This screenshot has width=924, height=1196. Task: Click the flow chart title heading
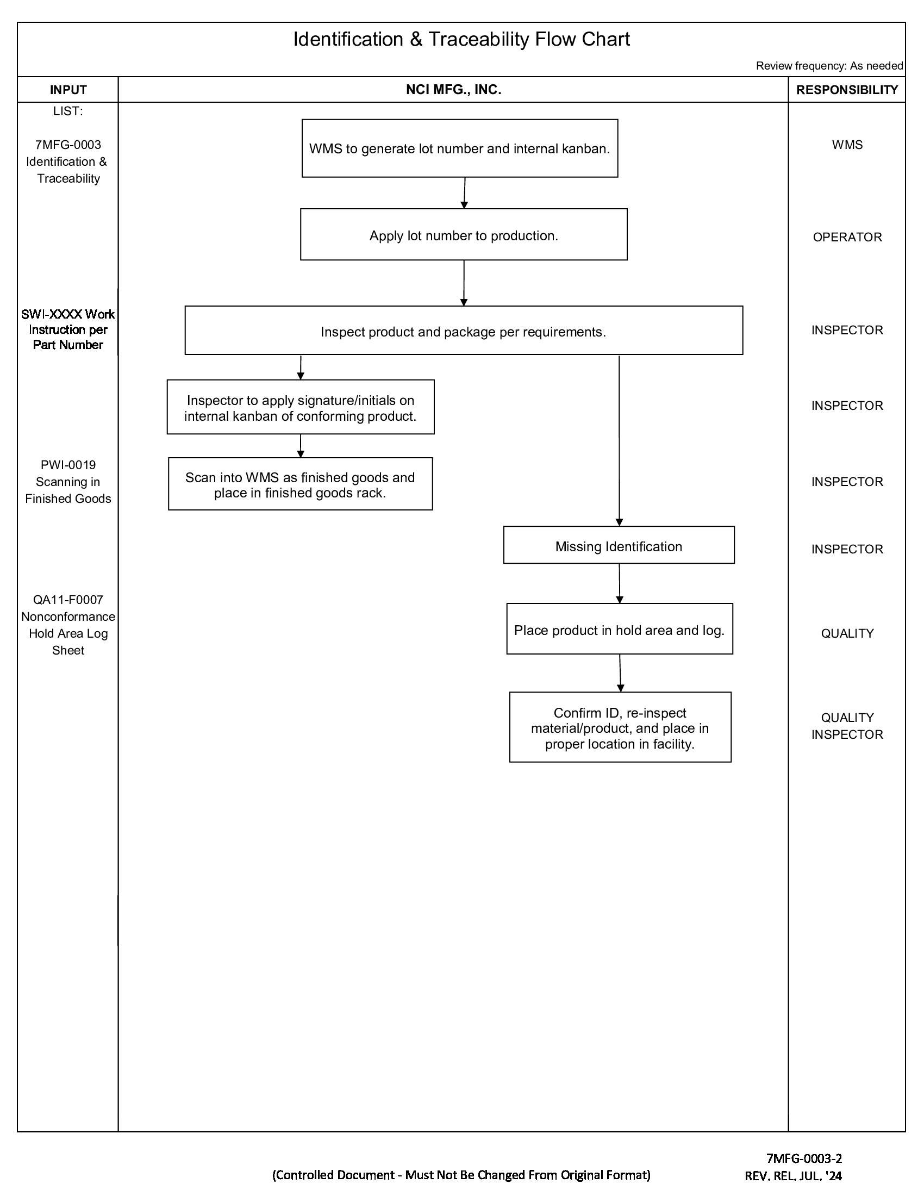pos(461,40)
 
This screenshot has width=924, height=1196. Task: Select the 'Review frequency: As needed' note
pos(829,66)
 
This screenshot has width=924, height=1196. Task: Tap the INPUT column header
pos(68,90)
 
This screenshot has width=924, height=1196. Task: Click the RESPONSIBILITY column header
pos(847,90)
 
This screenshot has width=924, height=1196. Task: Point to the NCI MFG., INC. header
pos(453,90)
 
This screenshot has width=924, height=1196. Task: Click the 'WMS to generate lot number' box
pos(459,148)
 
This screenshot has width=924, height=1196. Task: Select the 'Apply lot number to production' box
pos(463,235)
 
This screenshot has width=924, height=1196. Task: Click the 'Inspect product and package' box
pos(463,331)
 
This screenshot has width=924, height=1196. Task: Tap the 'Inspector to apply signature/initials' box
pos(300,407)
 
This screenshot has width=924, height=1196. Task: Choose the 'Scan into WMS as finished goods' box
pos(300,484)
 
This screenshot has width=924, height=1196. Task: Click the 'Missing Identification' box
pos(619,545)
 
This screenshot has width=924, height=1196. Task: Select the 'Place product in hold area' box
pos(619,629)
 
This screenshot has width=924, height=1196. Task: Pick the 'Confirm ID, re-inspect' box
pos(620,727)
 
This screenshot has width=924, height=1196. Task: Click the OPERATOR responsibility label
pos(847,237)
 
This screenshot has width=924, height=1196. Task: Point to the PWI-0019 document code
pos(68,465)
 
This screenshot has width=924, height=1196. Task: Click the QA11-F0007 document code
pos(68,600)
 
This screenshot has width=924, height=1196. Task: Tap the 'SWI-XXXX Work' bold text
pos(68,314)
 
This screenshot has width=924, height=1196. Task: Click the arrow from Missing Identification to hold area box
pos(619,584)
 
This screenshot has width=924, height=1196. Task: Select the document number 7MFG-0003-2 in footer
pos(803,1157)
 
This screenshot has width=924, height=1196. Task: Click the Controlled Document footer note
pos(461,1175)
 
